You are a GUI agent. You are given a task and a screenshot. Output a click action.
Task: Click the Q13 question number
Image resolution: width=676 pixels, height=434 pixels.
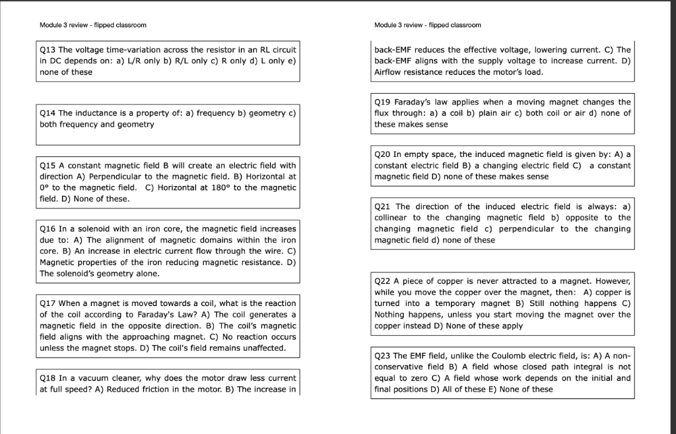coord(48,49)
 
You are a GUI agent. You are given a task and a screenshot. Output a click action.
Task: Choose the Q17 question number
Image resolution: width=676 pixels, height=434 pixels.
coord(48,303)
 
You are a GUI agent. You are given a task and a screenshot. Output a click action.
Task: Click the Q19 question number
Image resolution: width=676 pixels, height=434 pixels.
coord(382,102)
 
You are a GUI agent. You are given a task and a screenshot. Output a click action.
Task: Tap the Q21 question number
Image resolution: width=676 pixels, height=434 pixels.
coord(382,206)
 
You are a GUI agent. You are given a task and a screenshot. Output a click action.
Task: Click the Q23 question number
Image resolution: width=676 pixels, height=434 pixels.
coord(382,356)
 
